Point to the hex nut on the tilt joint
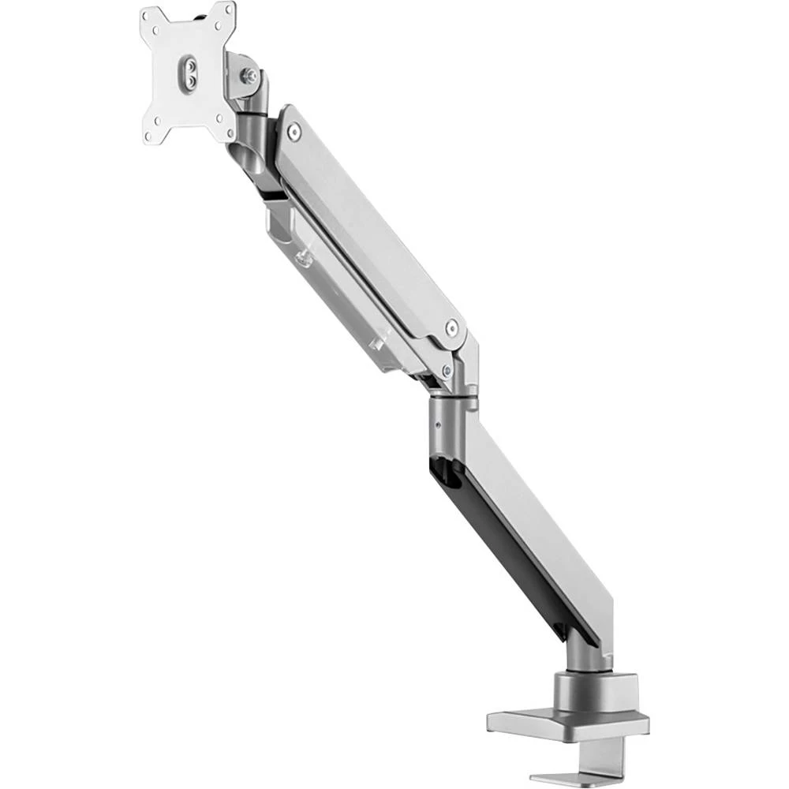pyautogui.click(x=249, y=76)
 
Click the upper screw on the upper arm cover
pyautogui.click(x=294, y=132)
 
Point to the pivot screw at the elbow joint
pyautogui.click(x=447, y=369)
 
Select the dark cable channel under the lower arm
pyautogui.click(x=505, y=544)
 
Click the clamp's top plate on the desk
pyautogui.click(x=568, y=722)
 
